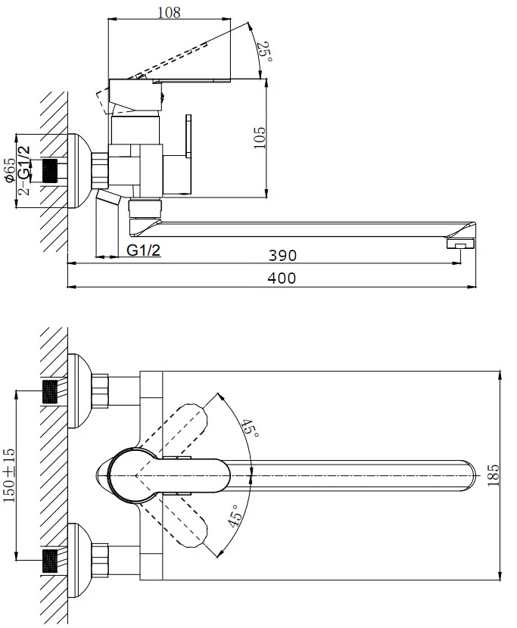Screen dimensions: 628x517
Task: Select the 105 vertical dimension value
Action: click(x=260, y=137)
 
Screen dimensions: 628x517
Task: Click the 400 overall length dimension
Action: click(x=282, y=278)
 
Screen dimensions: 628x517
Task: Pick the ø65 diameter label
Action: click(x=9, y=170)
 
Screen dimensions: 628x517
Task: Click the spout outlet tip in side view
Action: click(x=460, y=244)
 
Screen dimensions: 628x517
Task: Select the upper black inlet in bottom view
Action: click(x=50, y=391)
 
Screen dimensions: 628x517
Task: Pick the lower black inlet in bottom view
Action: click(x=50, y=559)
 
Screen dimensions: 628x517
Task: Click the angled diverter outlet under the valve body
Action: click(x=110, y=201)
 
